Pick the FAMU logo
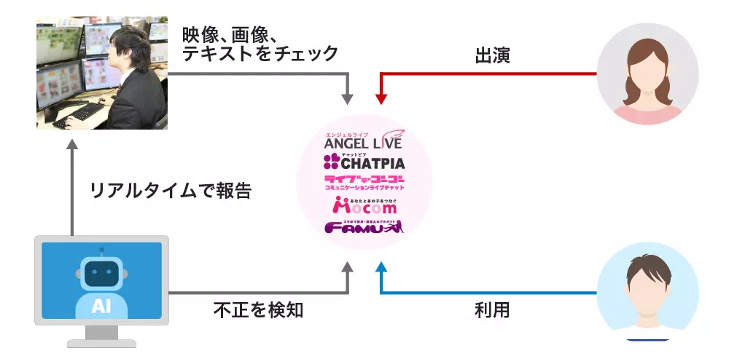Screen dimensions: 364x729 point(363,227)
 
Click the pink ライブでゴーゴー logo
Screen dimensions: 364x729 point(364,183)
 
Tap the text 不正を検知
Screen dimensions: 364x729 point(258,311)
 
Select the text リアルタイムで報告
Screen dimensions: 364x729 point(171,191)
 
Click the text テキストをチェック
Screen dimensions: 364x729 point(260,54)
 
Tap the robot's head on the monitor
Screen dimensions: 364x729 point(101,273)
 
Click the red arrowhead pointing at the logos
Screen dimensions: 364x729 point(379,98)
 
